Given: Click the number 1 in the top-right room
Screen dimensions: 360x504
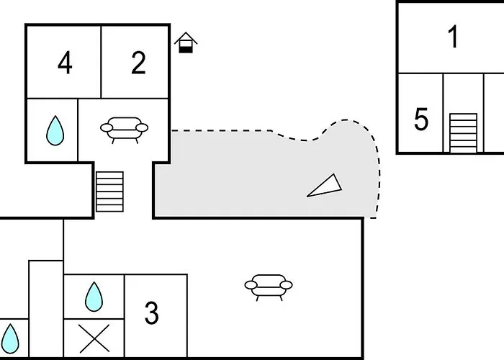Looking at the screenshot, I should pos(453,37).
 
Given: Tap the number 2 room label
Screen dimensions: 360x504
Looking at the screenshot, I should pos(138,63).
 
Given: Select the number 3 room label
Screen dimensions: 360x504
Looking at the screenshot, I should pos(151,314).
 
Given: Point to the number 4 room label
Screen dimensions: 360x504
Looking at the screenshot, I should pos(65,63).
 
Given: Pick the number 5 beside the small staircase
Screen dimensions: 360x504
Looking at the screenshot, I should pos(421,120).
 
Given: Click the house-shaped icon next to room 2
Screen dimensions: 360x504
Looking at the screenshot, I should pos(186,43).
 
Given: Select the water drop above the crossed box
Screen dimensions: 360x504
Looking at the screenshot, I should pos(94,297).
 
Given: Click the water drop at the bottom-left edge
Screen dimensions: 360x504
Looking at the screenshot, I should pos(12,338).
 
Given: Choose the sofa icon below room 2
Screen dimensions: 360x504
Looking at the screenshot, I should pos(124,130).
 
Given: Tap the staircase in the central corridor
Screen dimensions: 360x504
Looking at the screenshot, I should pos(110,192).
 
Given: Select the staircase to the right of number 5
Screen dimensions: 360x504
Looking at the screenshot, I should pos(463,132).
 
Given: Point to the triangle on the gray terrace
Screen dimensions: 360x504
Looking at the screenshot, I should pos(325,186).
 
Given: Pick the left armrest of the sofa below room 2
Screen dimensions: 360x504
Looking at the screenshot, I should pos(107,128).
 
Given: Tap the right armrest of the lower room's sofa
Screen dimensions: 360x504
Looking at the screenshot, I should pos(286,285).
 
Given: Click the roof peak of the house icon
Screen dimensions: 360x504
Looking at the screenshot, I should pos(186,35).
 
